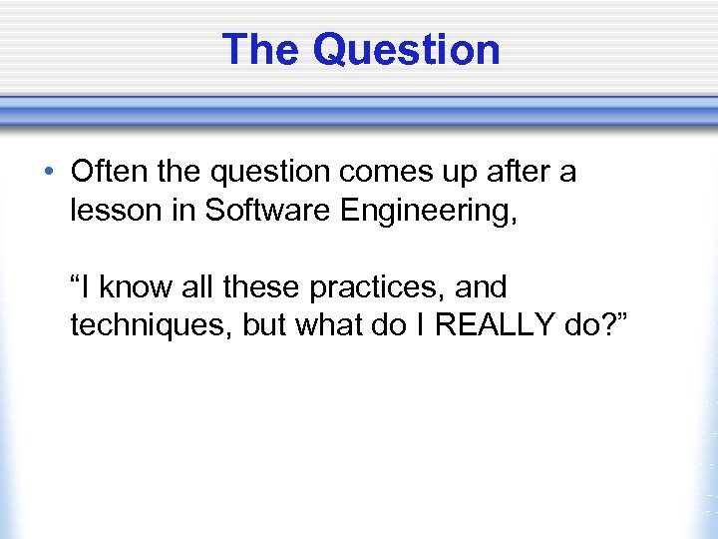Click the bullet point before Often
tap(50, 172)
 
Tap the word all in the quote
tap(199, 287)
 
